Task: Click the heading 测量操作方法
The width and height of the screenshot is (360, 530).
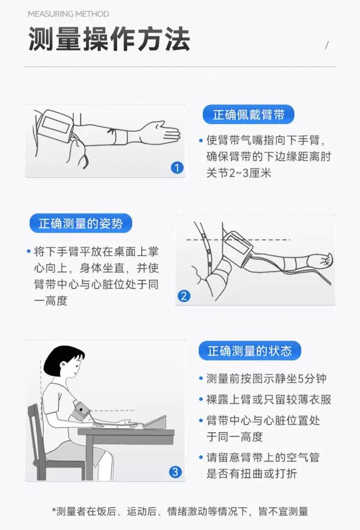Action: tap(109, 39)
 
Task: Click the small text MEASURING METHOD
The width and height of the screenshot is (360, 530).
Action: tap(69, 14)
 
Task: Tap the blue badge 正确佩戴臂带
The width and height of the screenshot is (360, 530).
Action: tap(249, 115)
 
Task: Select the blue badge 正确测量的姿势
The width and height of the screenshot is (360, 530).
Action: tap(80, 223)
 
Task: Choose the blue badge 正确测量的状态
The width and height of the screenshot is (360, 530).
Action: tap(250, 351)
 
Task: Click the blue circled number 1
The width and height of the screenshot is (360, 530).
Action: tap(177, 167)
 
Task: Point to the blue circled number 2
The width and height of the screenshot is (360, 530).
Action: tap(184, 296)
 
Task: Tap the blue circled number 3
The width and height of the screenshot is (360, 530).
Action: tap(175, 472)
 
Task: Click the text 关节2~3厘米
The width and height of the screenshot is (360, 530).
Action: tap(238, 173)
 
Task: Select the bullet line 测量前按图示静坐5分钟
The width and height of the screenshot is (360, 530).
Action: tap(266, 378)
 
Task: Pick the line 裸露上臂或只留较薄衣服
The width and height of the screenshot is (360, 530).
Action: tap(269, 399)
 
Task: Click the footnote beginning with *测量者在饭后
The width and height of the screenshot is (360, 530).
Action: tap(180, 511)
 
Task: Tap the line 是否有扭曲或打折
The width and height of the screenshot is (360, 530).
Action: tap(251, 473)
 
